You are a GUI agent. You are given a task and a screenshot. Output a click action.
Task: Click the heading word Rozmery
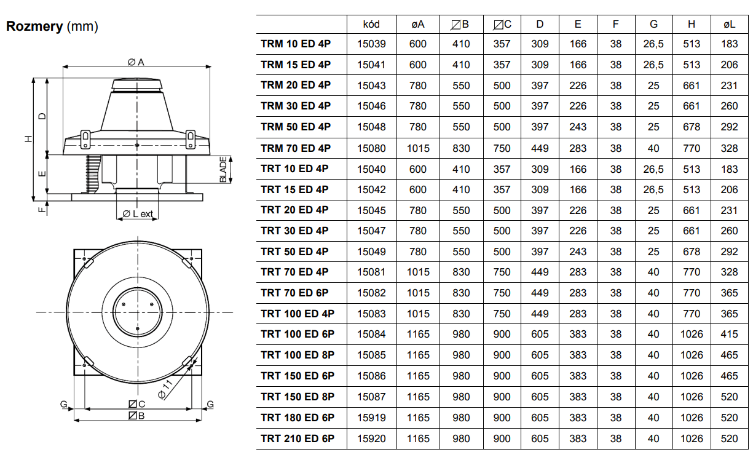point(34,26)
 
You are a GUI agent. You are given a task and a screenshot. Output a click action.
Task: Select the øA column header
point(418,24)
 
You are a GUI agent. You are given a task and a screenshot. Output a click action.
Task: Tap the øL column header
point(729,24)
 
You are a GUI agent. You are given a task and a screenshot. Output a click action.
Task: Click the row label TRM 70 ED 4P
point(296,148)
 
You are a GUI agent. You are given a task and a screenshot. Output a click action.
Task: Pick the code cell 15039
point(371,44)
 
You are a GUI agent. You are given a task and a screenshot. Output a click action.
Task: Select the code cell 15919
point(371,418)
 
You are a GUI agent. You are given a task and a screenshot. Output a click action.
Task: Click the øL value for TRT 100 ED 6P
point(729,334)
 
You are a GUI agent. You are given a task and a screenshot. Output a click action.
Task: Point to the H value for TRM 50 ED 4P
point(691,127)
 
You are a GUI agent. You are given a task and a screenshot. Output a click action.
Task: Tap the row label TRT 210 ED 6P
point(298,438)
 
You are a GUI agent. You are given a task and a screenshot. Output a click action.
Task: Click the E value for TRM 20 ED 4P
point(578,85)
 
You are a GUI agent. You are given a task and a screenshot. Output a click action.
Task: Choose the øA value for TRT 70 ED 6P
point(418,293)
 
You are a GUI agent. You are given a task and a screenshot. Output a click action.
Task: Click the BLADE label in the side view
point(223,170)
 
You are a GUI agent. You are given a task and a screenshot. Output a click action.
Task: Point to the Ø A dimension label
point(136,62)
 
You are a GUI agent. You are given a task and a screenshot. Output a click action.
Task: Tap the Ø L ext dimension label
point(138,214)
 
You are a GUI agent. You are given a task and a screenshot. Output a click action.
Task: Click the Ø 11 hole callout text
point(165,389)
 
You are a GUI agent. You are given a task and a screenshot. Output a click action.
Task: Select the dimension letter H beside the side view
point(28,138)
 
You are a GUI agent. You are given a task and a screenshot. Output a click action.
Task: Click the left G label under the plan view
point(63,403)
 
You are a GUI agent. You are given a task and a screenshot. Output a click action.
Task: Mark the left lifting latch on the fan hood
point(85,139)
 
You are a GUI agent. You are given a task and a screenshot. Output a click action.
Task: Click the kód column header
point(371,24)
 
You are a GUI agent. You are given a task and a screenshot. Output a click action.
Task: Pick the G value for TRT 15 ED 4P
point(653,189)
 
